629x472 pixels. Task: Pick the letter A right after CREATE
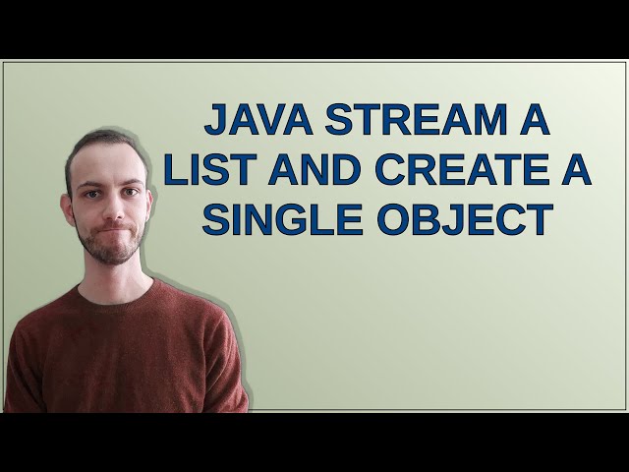click(x=576, y=171)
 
